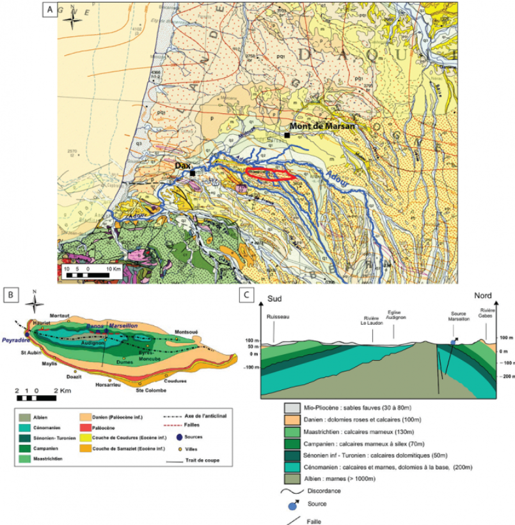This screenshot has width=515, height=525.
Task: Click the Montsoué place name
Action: pyautogui.click(x=187, y=332)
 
